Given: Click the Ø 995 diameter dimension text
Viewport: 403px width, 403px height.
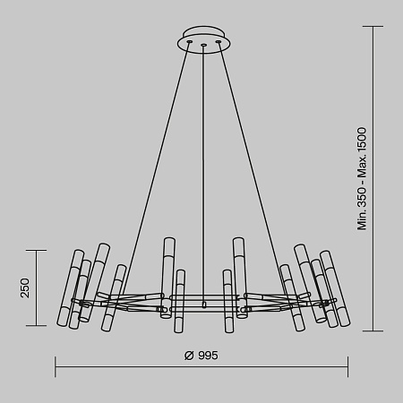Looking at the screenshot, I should click(x=201, y=356).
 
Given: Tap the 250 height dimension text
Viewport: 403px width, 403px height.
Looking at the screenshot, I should click(x=25, y=287).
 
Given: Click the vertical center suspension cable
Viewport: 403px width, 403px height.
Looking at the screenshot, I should click(x=204, y=161).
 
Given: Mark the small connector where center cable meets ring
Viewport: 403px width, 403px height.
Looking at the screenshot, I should click(x=204, y=305).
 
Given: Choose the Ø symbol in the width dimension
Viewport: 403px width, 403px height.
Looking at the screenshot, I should click(x=189, y=356).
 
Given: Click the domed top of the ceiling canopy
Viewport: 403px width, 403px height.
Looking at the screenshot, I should click(x=204, y=34).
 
